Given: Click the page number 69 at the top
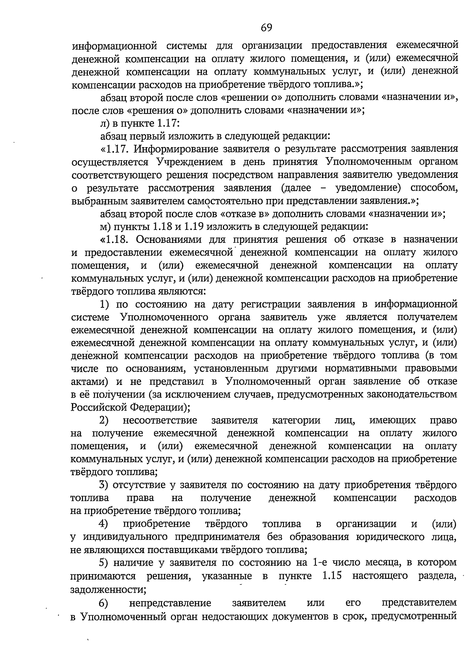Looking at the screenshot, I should tap(266, 27).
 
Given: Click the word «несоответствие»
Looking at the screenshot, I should tap(160, 420).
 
